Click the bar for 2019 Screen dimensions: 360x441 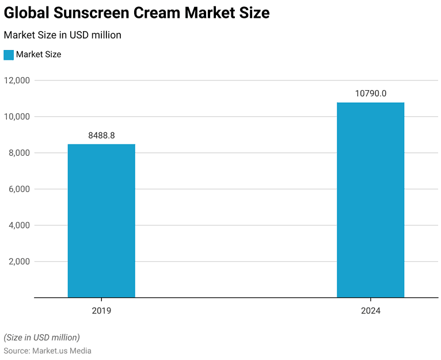(101, 221)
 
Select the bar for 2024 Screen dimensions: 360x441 (370, 200)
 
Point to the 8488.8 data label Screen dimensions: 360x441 (101, 136)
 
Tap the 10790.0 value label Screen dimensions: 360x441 (370, 94)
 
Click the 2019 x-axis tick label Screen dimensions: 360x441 (101, 311)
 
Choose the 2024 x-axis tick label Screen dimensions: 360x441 (370, 311)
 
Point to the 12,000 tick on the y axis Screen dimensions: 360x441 (17, 81)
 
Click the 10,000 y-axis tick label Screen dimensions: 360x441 (17, 117)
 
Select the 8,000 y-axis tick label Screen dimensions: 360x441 (18, 153)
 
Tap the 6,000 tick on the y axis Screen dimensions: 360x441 (18, 189)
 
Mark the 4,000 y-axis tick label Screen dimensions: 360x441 (18, 225)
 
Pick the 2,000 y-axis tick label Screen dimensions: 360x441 (18, 262)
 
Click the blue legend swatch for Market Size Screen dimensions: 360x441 (9, 55)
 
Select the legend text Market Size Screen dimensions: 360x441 (39, 55)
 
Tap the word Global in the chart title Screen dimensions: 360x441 (25, 13)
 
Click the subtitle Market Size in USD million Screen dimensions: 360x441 (62, 35)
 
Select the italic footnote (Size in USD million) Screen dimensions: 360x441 (41, 338)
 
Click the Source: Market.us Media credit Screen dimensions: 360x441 (47, 351)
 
